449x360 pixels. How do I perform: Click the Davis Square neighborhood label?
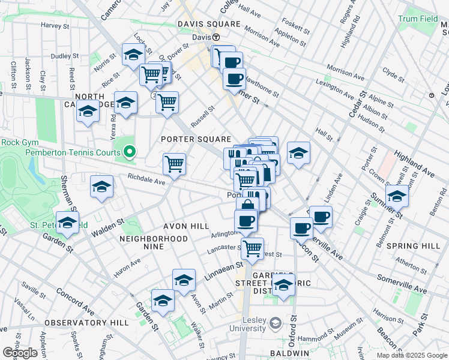pyautogui.click(x=208, y=24)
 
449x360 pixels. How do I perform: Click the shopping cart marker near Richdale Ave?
pyautogui.click(x=174, y=163)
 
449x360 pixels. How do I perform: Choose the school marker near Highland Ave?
pyautogui.click(x=397, y=196)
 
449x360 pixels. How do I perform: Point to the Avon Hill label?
pyautogui.click(x=186, y=226)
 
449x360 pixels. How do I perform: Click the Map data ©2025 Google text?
pyautogui.click(x=411, y=355)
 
